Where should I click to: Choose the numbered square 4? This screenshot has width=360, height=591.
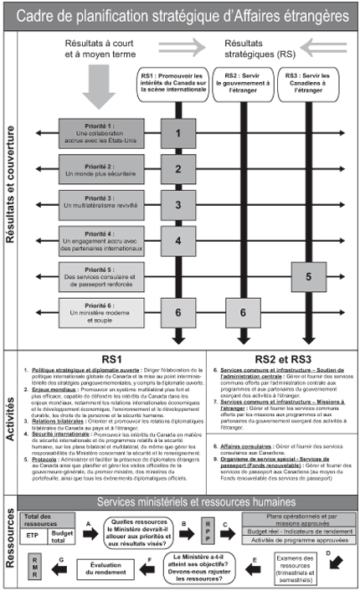(x=178, y=240)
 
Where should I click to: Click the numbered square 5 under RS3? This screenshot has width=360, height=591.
(x=309, y=275)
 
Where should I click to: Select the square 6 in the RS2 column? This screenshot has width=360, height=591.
(x=243, y=311)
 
